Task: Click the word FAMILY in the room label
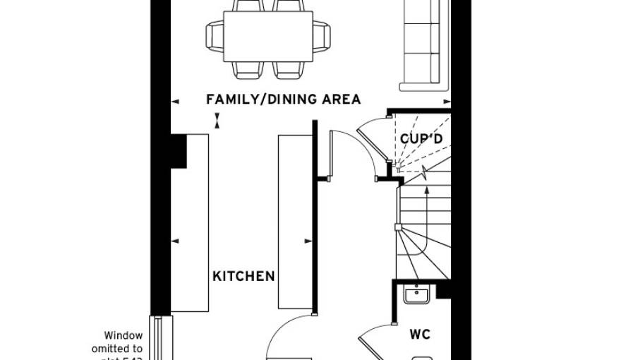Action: [229, 100]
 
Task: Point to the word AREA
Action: [342, 100]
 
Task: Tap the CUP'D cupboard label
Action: [421, 139]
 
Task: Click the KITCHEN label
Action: [243, 276]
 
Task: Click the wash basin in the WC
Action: [416, 294]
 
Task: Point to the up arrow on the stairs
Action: [426, 180]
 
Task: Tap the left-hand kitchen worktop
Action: [190, 222]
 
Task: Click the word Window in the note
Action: [123, 335]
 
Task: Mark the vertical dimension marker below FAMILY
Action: [218, 121]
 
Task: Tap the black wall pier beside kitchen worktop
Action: [179, 150]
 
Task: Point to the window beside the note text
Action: [159, 339]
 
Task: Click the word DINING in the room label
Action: [287, 100]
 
